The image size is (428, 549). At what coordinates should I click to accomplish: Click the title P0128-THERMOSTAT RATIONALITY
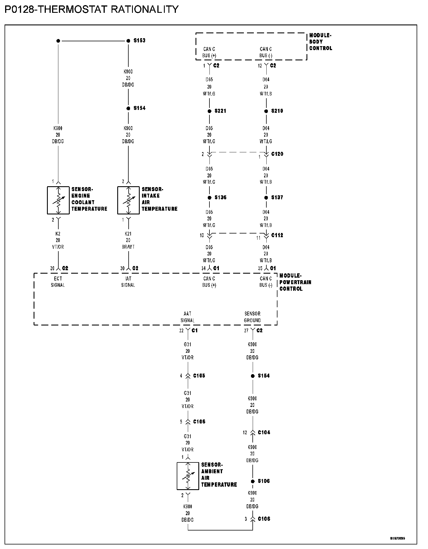tap(92, 9)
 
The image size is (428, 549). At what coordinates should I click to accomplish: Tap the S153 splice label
tap(139, 41)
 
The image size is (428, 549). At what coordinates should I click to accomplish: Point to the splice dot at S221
tap(209, 111)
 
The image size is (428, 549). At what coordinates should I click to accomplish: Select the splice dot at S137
tap(266, 198)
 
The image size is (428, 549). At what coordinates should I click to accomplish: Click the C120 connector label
tap(277, 154)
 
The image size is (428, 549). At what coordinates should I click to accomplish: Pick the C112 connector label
tap(277, 235)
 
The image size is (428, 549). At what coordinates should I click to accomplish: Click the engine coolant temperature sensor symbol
tap(58, 200)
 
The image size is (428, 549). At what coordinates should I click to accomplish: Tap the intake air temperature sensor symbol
tap(128, 200)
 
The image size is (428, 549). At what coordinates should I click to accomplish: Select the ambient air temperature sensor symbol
tap(188, 476)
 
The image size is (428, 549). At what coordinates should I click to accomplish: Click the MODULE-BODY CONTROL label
tap(320, 42)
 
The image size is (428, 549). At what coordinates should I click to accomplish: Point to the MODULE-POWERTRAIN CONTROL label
tap(295, 282)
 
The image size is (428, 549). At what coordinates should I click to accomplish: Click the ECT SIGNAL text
tap(58, 282)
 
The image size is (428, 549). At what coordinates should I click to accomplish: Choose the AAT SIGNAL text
tap(188, 317)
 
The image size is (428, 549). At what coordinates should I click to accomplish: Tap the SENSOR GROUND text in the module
tap(252, 317)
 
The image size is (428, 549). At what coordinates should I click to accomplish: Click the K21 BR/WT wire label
tap(128, 240)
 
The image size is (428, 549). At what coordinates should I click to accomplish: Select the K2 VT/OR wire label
tap(58, 240)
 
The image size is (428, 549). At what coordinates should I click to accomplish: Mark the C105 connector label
tap(199, 376)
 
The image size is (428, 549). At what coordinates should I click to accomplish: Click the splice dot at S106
tap(253, 481)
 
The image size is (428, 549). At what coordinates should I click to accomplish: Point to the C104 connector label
tap(264, 433)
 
